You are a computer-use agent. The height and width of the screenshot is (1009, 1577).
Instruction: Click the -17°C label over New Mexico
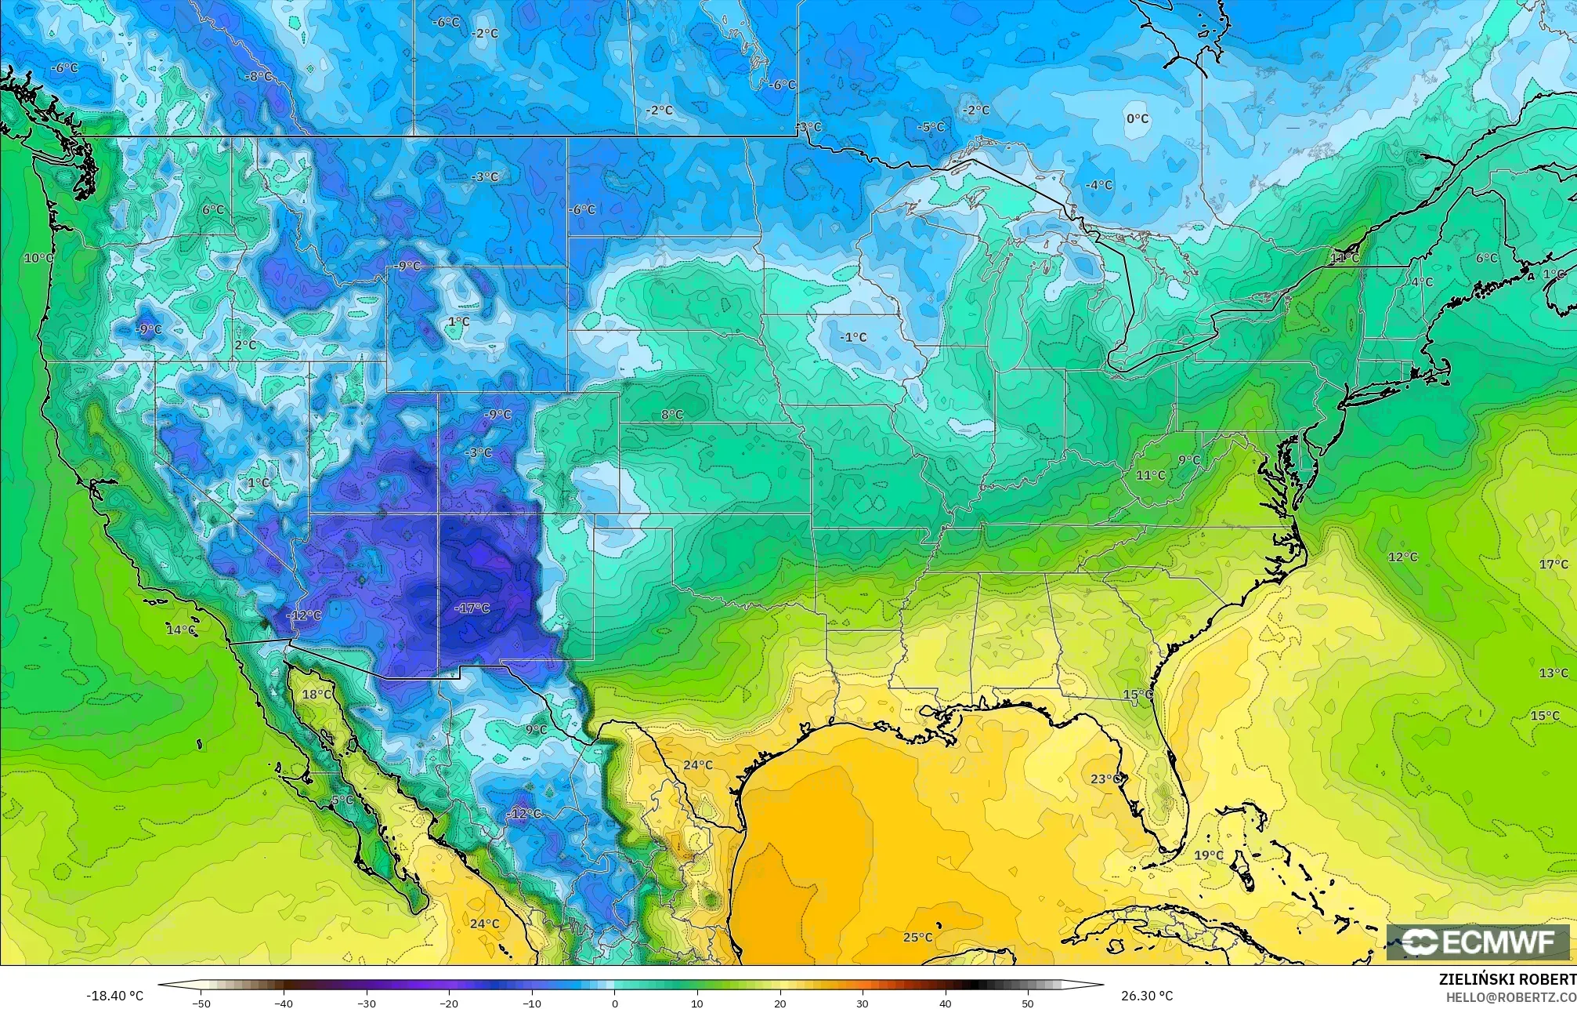(x=472, y=608)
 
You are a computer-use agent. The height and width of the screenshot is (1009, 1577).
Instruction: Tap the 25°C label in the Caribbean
(x=917, y=937)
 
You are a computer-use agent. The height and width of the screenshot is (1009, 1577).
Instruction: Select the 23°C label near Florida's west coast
(x=1107, y=779)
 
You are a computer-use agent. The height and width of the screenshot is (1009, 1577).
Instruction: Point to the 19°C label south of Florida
(x=1208, y=855)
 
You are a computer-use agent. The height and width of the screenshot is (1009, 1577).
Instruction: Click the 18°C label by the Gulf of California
(x=316, y=694)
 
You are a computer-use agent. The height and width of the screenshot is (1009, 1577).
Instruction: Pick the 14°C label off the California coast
(x=181, y=630)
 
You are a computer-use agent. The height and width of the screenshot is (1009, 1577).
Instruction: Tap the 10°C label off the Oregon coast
(x=38, y=258)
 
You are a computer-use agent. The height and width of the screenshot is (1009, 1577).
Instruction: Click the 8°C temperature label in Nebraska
(x=671, y=415)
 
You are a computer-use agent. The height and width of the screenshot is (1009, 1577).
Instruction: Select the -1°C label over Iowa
(x=853, y=337)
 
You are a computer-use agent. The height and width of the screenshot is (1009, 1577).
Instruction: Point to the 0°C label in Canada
(x=1137, y=118)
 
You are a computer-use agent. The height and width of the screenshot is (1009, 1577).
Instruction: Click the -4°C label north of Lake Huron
(x=1099, y=185)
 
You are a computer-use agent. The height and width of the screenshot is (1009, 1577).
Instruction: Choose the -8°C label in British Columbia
(x=259, y=76)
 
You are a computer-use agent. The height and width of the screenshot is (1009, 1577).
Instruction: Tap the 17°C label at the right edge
(x=1553, y=564)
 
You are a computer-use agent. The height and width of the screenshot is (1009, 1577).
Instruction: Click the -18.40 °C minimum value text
(x=115, y=996)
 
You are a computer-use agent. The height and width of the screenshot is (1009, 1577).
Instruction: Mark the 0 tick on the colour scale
(x=615, y=1004)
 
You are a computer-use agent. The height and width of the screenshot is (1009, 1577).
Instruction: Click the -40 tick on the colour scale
(x=284, y=1004)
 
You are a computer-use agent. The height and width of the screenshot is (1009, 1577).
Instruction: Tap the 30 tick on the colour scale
(x=863, y=1004)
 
